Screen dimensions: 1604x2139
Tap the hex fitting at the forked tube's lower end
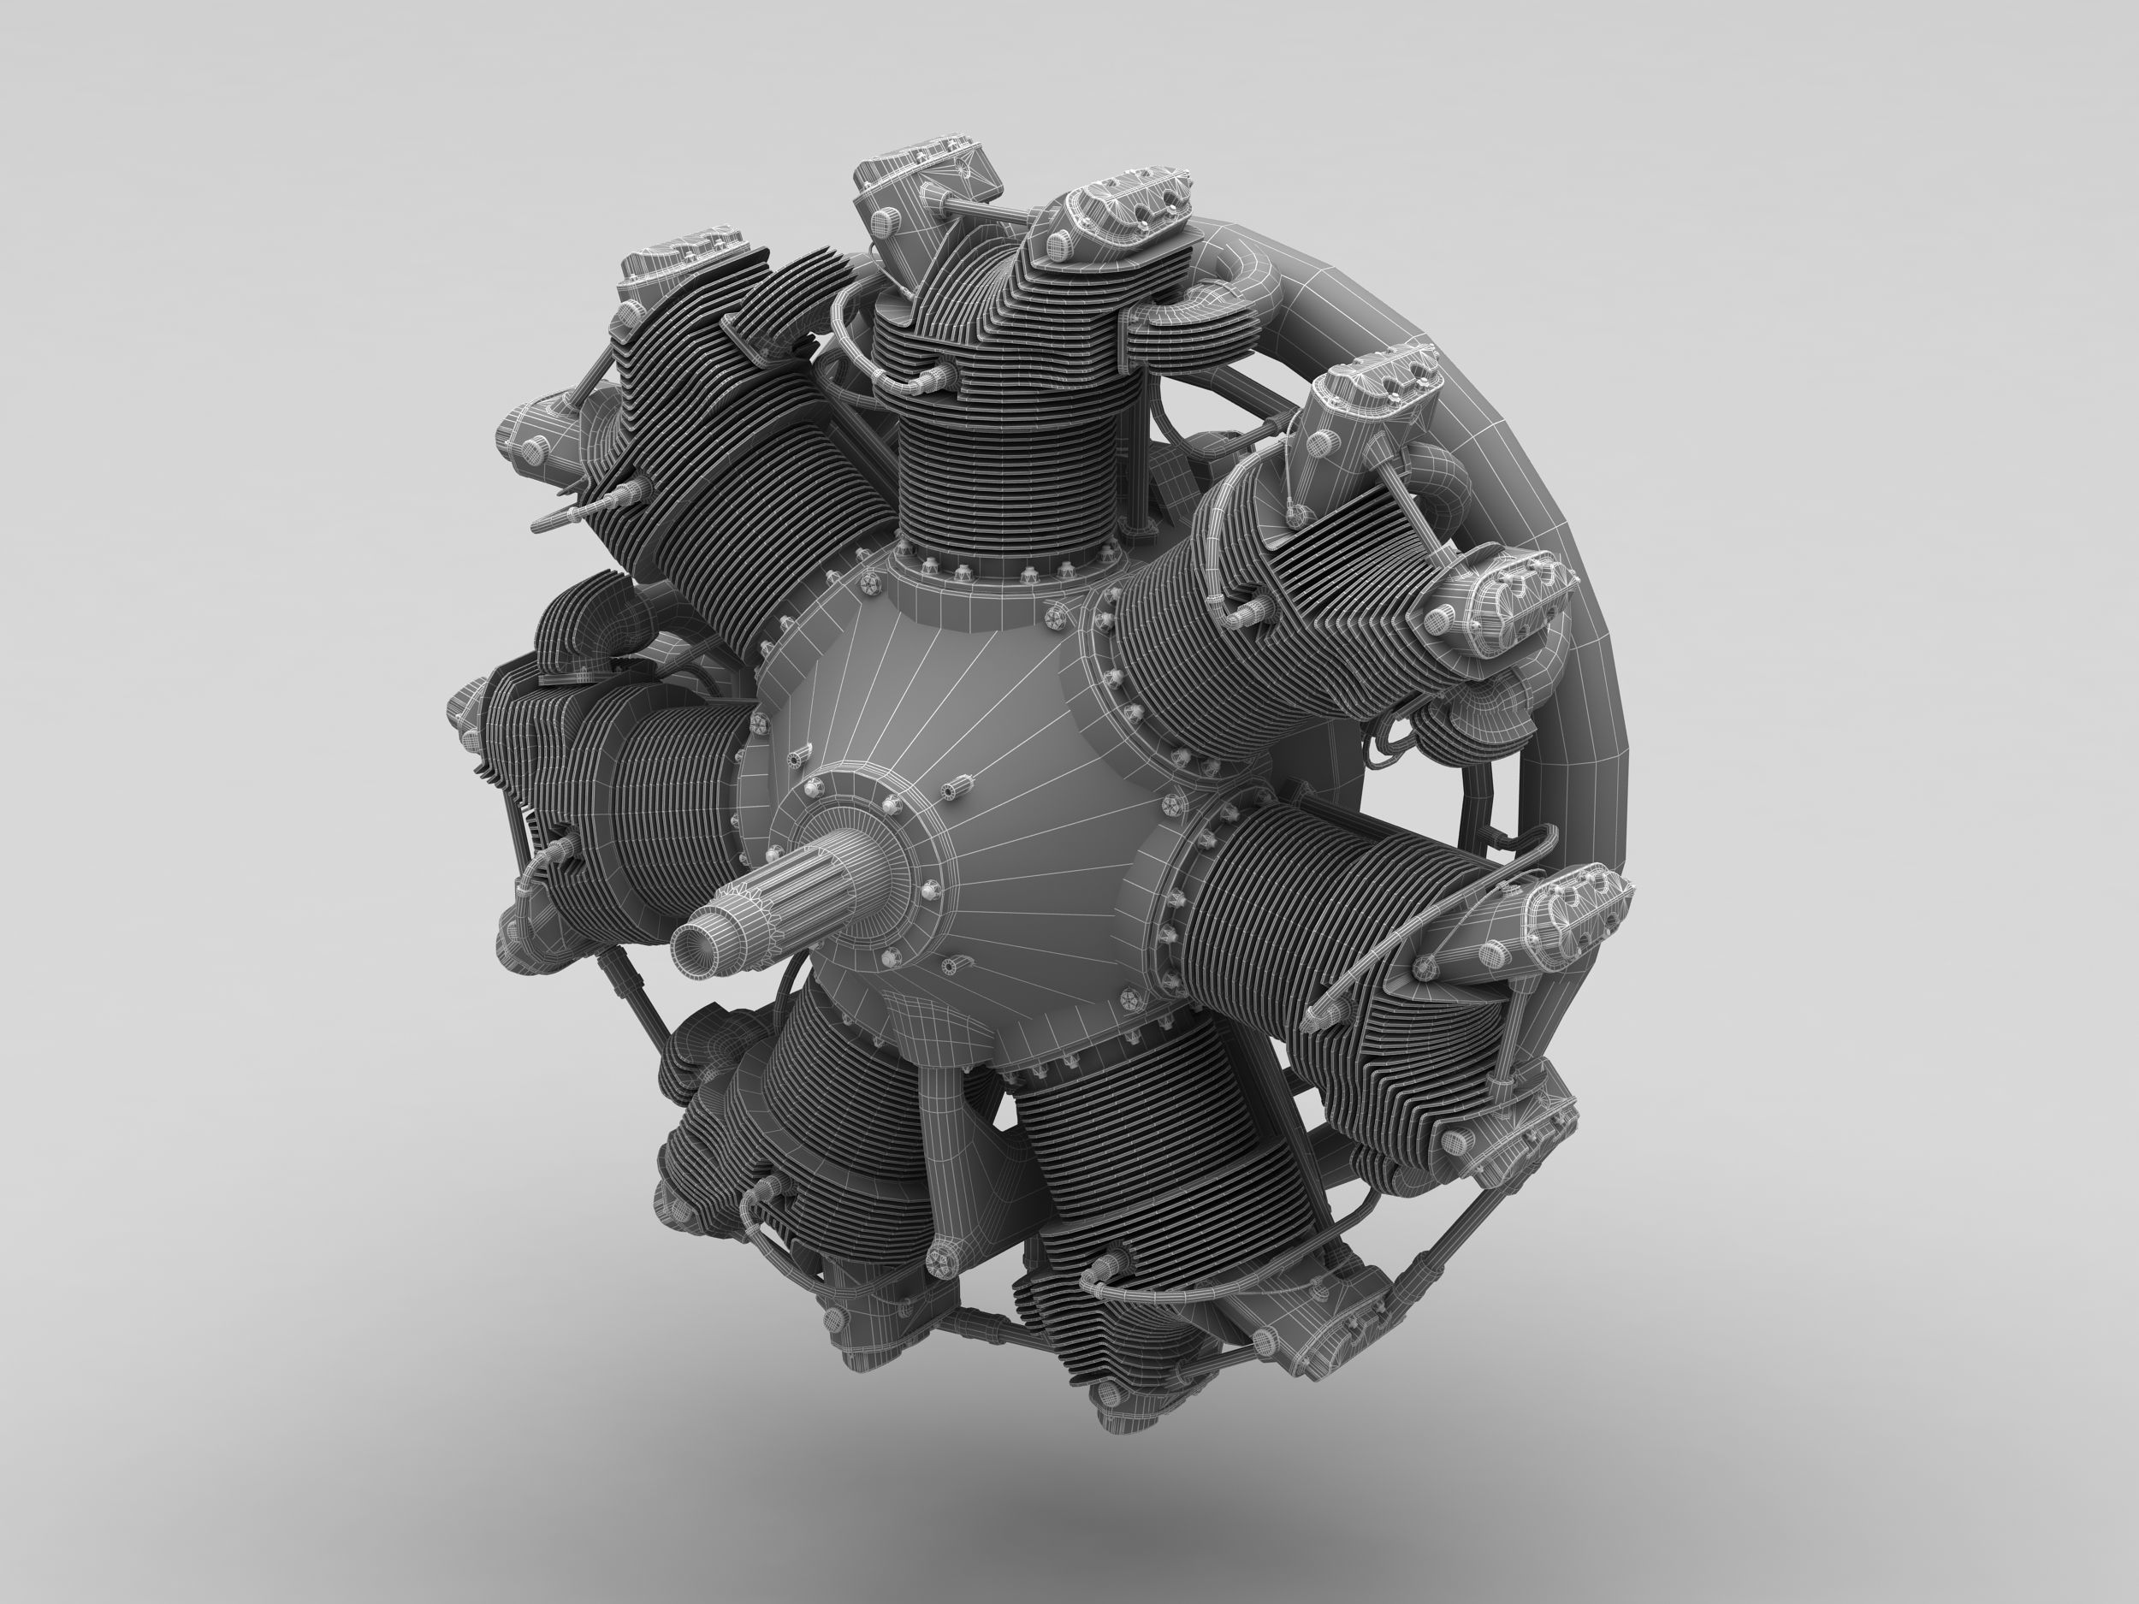(938, 1257)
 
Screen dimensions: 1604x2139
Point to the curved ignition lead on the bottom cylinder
(1160, 1276)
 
